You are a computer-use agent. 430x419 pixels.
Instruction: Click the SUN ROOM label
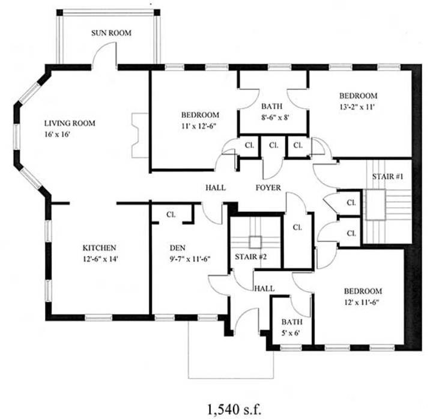[111, 33]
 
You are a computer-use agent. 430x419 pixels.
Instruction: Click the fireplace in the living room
[139, 135]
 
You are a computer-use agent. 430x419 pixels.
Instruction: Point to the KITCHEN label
[99, 248]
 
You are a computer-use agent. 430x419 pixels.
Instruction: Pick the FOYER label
[268, 188]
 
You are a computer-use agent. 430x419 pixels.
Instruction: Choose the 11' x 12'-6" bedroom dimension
[200, 126]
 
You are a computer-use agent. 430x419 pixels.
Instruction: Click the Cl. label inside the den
[171, 214]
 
